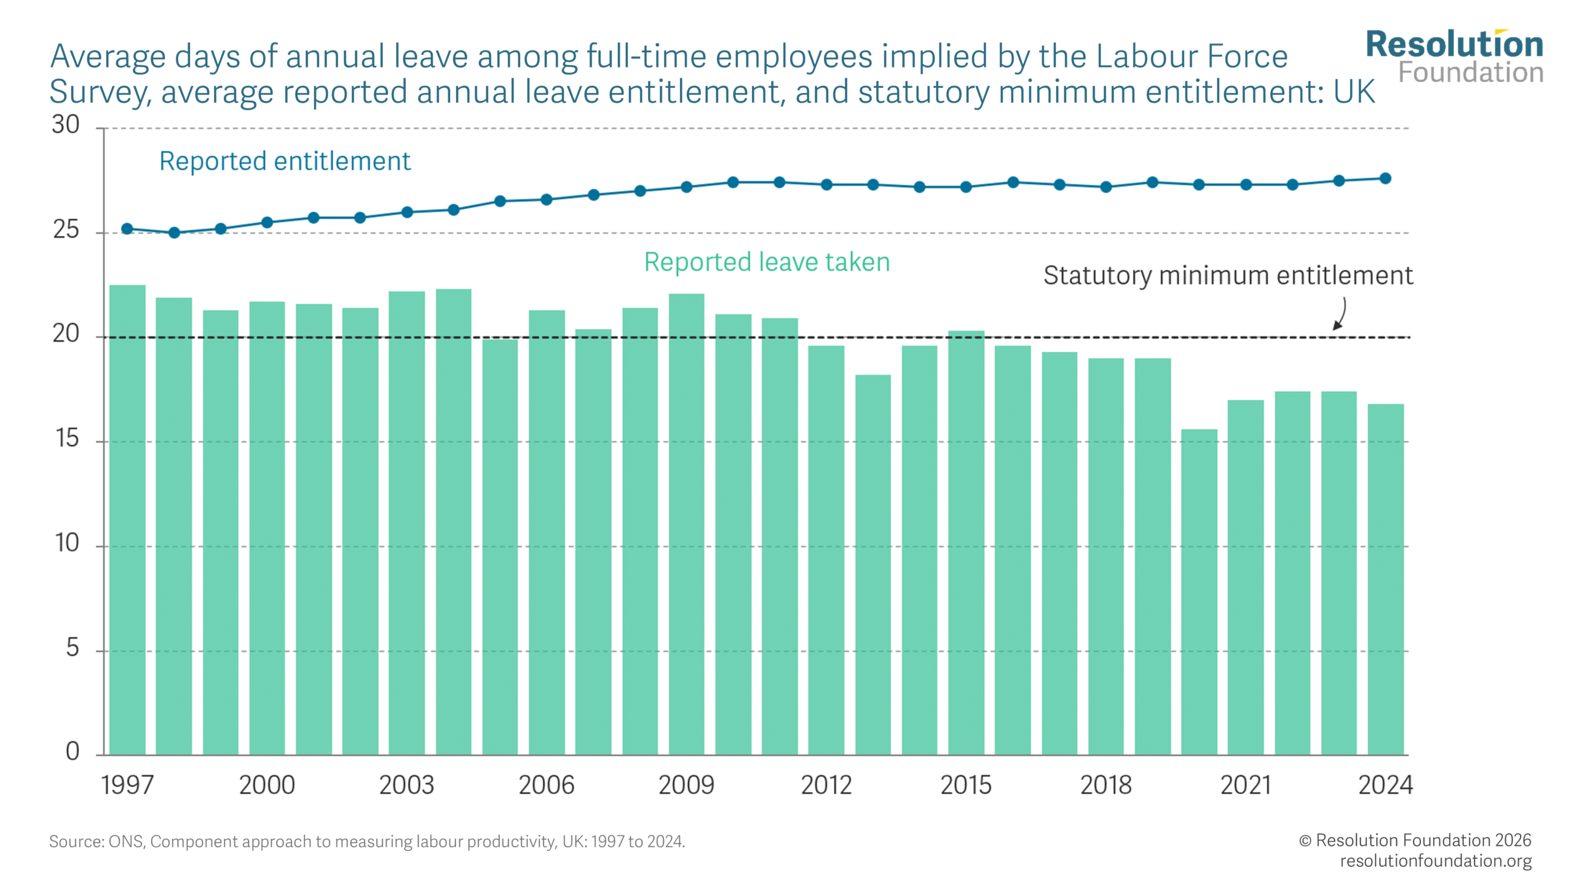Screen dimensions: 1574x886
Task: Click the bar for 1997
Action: (127, 519)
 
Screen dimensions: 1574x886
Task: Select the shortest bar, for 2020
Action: (1198, 591)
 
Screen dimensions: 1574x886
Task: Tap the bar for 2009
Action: (686, 524)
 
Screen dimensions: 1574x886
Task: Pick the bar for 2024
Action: (1385, 579)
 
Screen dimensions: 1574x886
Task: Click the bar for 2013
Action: (872, 564)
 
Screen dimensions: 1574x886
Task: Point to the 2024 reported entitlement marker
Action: (1385, 178)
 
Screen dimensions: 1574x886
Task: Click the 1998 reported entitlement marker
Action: (174, 233)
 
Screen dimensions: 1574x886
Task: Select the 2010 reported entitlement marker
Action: (733, 182)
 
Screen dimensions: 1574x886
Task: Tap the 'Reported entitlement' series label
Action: (285, 161)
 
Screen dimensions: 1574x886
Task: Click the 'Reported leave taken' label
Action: (767, 262)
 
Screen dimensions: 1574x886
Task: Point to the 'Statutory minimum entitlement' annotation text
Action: (1228, 276)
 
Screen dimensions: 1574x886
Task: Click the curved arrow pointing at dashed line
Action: (1342, 314)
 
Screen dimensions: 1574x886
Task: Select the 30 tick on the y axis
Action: (66, 125)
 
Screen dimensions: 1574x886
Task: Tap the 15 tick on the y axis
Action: (67, 439)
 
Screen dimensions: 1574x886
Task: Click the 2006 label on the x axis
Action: (546, 785)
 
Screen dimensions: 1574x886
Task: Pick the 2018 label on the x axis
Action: (1105, 785)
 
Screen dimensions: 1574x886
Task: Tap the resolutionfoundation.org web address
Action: (1436, 861)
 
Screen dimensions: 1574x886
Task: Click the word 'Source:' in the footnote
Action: (76, 841)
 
